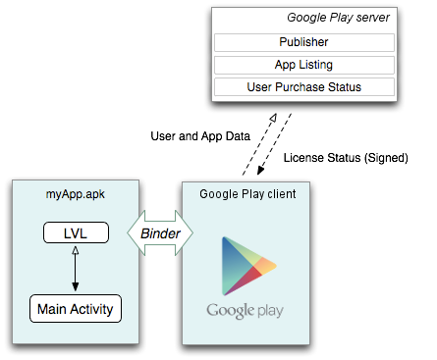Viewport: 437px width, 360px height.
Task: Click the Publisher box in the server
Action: (x=304, y=42)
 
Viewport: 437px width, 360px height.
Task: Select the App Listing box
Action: (x=304, y=65)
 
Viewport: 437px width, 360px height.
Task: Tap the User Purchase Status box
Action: (x=304, y=87)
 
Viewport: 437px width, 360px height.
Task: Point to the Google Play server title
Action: (x=338, y=18)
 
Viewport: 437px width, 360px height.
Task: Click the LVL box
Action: (x=76, y=232)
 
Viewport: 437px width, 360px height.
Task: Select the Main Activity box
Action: (x=76, y=309)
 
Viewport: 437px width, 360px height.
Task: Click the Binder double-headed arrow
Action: (x=160, y=233)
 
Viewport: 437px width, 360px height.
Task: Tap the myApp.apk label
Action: (x=76, y=194)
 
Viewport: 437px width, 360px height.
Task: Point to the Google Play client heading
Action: (x=247, y=194)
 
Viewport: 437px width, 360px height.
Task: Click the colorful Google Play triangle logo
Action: (x=248, y=266)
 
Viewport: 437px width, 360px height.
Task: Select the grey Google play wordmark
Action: (x=245, y=311)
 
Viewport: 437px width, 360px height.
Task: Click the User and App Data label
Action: (x=200, y=136)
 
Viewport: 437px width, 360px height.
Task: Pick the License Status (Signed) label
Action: (x=346, y=158)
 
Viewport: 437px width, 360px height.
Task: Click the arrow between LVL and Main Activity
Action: (x=76, y=269)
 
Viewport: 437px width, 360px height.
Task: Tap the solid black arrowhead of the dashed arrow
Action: (x=261, y=170)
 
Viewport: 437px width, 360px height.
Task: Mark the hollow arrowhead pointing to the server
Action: (x=273, y=118)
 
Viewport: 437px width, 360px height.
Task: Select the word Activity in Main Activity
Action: (x=91, y=309)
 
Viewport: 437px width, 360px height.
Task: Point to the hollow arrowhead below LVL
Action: (x=76, y=250)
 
